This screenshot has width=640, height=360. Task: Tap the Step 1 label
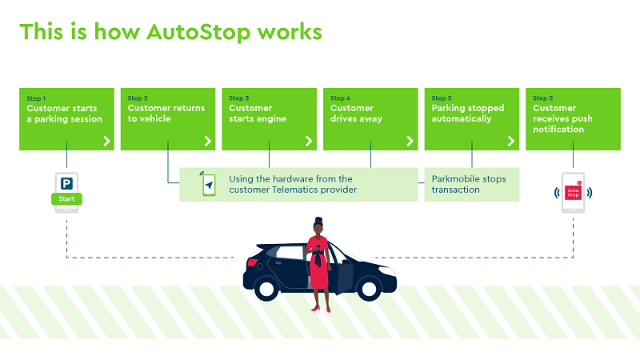point(35,98)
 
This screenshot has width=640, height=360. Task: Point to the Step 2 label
point(137,98)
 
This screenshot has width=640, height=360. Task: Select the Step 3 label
point(238,98)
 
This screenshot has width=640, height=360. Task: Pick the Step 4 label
point(339,98)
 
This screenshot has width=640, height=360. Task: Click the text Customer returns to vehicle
point(166,114)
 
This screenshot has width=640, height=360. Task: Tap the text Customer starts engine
point(258,114)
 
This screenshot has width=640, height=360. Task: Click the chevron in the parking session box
point(106,141)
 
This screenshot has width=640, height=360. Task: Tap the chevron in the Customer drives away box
point(410,141)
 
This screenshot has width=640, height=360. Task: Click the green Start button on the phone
point(66,199)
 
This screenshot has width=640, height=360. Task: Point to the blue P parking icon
point(66,182)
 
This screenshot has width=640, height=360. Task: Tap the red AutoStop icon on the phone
point(573,192)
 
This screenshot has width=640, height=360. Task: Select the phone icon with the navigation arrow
point(208,185)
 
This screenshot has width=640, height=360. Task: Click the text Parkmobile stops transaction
point(469,184)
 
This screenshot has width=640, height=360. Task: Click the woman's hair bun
point(318,221)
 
